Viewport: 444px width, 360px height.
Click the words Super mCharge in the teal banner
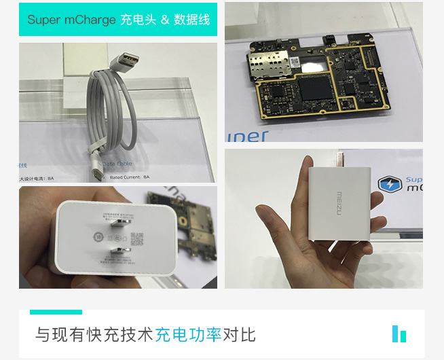coord(71,20)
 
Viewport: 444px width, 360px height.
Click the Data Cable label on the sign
coord(117,164)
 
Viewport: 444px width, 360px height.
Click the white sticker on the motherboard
coord(296,61)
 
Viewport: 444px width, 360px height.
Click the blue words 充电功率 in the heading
coord(188,335)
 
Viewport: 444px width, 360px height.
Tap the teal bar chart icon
coord(399,334)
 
